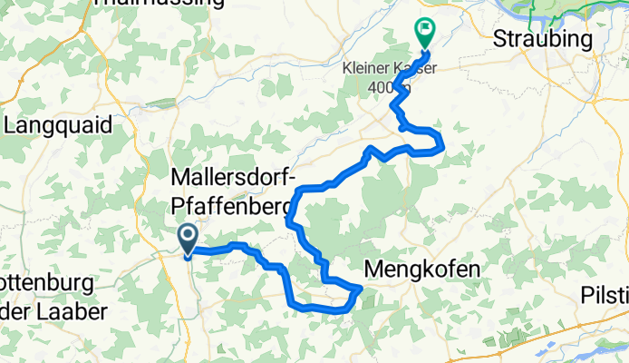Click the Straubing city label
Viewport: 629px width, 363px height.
point(543,40)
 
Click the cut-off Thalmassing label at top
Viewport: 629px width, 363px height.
point(159,3)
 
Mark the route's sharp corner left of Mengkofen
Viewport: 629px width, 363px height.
point(361,288)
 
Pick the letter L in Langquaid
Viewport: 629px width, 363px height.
point(11,125)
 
